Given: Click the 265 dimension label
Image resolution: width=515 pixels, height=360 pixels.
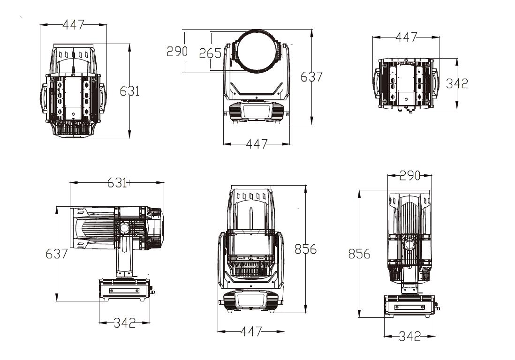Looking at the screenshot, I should tap(210, 53).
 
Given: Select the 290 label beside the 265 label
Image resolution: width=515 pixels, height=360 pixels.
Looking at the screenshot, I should tap(177, 51).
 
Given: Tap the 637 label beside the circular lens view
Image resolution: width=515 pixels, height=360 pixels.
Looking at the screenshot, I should tap(311, 76).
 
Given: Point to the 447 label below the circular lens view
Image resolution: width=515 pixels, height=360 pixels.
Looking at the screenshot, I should tap(256, 144).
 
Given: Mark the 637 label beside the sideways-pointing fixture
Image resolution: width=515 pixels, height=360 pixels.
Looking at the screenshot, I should tap(57, 254).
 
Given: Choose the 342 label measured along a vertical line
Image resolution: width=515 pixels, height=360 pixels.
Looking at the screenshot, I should tap(457, 83).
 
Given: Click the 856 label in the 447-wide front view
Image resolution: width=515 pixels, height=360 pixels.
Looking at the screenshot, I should tap(305, 249).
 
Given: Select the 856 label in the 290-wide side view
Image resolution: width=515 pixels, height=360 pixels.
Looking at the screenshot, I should tap(359, 254).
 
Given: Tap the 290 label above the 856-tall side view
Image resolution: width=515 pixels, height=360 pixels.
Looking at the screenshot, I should tap(409, 176).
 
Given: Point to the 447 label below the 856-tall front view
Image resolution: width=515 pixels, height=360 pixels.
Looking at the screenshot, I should tap(251, 331).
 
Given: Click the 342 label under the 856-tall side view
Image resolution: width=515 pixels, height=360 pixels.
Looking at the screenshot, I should tap(409, 336).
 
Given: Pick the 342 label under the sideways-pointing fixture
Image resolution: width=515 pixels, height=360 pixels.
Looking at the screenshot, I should tap(124, 322).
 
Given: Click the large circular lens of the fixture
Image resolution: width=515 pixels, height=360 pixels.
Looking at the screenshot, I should tap(257, 52).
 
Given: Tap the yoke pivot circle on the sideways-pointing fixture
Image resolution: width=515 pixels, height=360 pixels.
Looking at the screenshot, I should tap(124, 229).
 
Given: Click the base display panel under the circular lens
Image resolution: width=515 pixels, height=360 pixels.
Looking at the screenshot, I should tap(256, 112).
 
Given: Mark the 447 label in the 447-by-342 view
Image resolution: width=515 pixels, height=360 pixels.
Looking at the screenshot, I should tap(406, 37).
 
